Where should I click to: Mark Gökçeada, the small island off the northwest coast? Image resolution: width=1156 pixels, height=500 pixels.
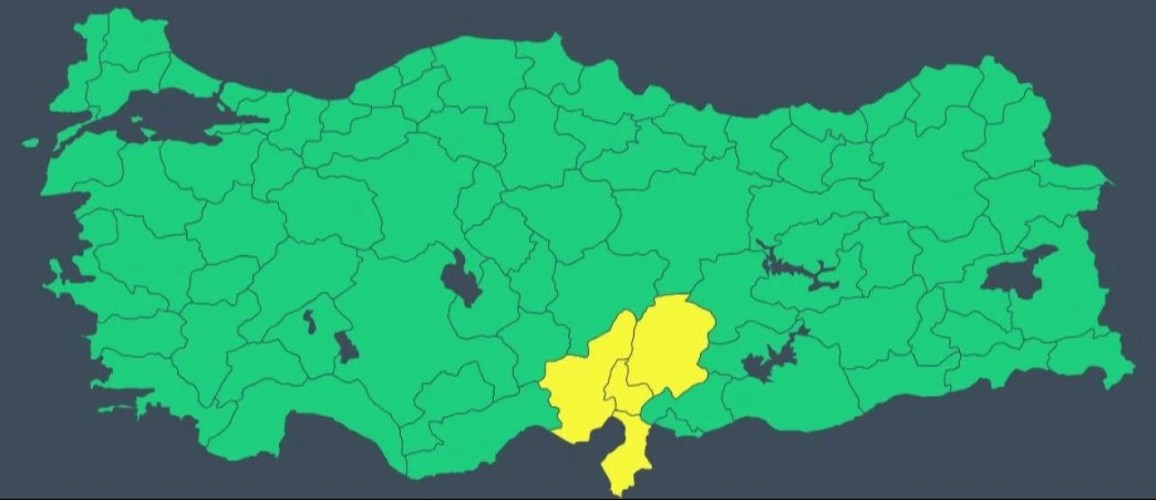pos(31,143)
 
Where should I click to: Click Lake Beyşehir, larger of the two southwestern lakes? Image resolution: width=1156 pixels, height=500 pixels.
pos(346,346)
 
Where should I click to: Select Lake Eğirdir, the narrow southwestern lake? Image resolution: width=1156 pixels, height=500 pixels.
pos(309,321)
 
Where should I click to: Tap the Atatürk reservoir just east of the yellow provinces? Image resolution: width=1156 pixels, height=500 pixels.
pos(768,362)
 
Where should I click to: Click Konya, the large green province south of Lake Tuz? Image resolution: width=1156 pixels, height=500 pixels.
pos(406,335)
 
